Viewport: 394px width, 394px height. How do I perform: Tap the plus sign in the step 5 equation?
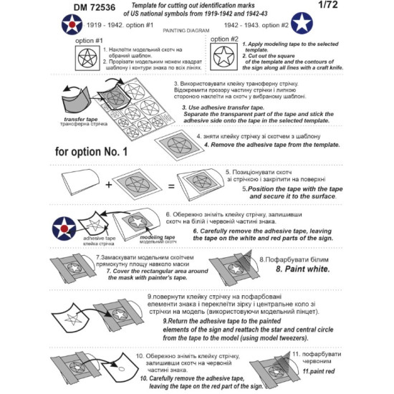[x=108, y=185]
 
